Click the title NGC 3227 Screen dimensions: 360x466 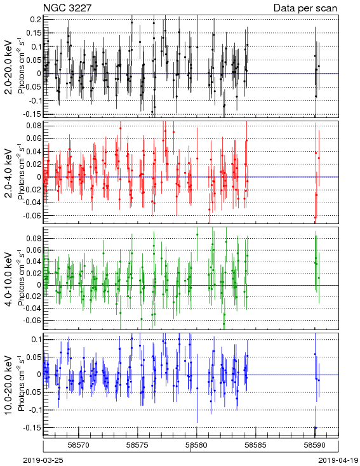click(x=67, y=8)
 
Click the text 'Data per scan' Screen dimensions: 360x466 click(x=305, y=8)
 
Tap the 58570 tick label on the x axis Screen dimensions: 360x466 click(x=79, y=445)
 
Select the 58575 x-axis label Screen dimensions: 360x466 click(x=137, y=445)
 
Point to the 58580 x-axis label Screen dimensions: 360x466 click(x=196, y=445)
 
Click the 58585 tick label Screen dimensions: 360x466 click(x=256, y=445)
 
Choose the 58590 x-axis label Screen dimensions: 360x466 click(x=314, y=445)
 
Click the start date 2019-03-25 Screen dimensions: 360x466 click(x=43, y=460)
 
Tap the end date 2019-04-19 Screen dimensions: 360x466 click(x=338, y=460)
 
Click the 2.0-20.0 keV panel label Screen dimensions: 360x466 click(x=9, y=67)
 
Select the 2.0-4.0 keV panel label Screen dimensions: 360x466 click(x=9, y=173)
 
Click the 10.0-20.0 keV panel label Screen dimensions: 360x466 click(x=9, y=385)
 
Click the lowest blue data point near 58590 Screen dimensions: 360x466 click(x=316, y=428)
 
